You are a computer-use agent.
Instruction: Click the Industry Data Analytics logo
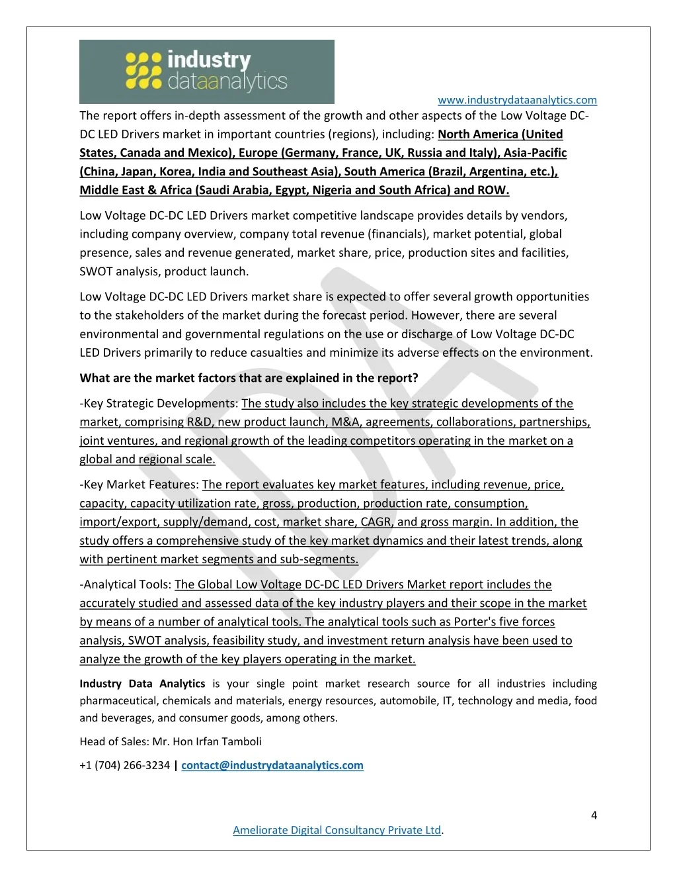click(x=206, y=71)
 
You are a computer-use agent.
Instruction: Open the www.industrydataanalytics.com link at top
click(x=517, y=100)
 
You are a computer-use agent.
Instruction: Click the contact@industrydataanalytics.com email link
click(x=272, y=765)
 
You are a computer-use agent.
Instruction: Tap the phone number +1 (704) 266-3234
click(x=125, y=765)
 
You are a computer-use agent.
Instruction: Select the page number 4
click(x=594, y=815)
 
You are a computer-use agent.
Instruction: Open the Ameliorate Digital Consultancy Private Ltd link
click(x=337, y=830)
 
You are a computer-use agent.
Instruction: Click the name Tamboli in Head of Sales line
click(x=241, y=741)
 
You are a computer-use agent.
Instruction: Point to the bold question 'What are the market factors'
click(x=249, y=378)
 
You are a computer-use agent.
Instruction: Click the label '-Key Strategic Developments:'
click(x=159, y=403)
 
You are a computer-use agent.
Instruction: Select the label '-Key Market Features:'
click(x=139, y=485)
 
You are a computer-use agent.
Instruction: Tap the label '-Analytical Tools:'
click(x=126, y=584)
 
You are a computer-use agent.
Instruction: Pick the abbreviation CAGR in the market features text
click(x=376, y=522)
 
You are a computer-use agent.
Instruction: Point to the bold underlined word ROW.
click(x=492, y=190)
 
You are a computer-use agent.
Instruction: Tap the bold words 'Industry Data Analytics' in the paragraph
click(x=142, y=683)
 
